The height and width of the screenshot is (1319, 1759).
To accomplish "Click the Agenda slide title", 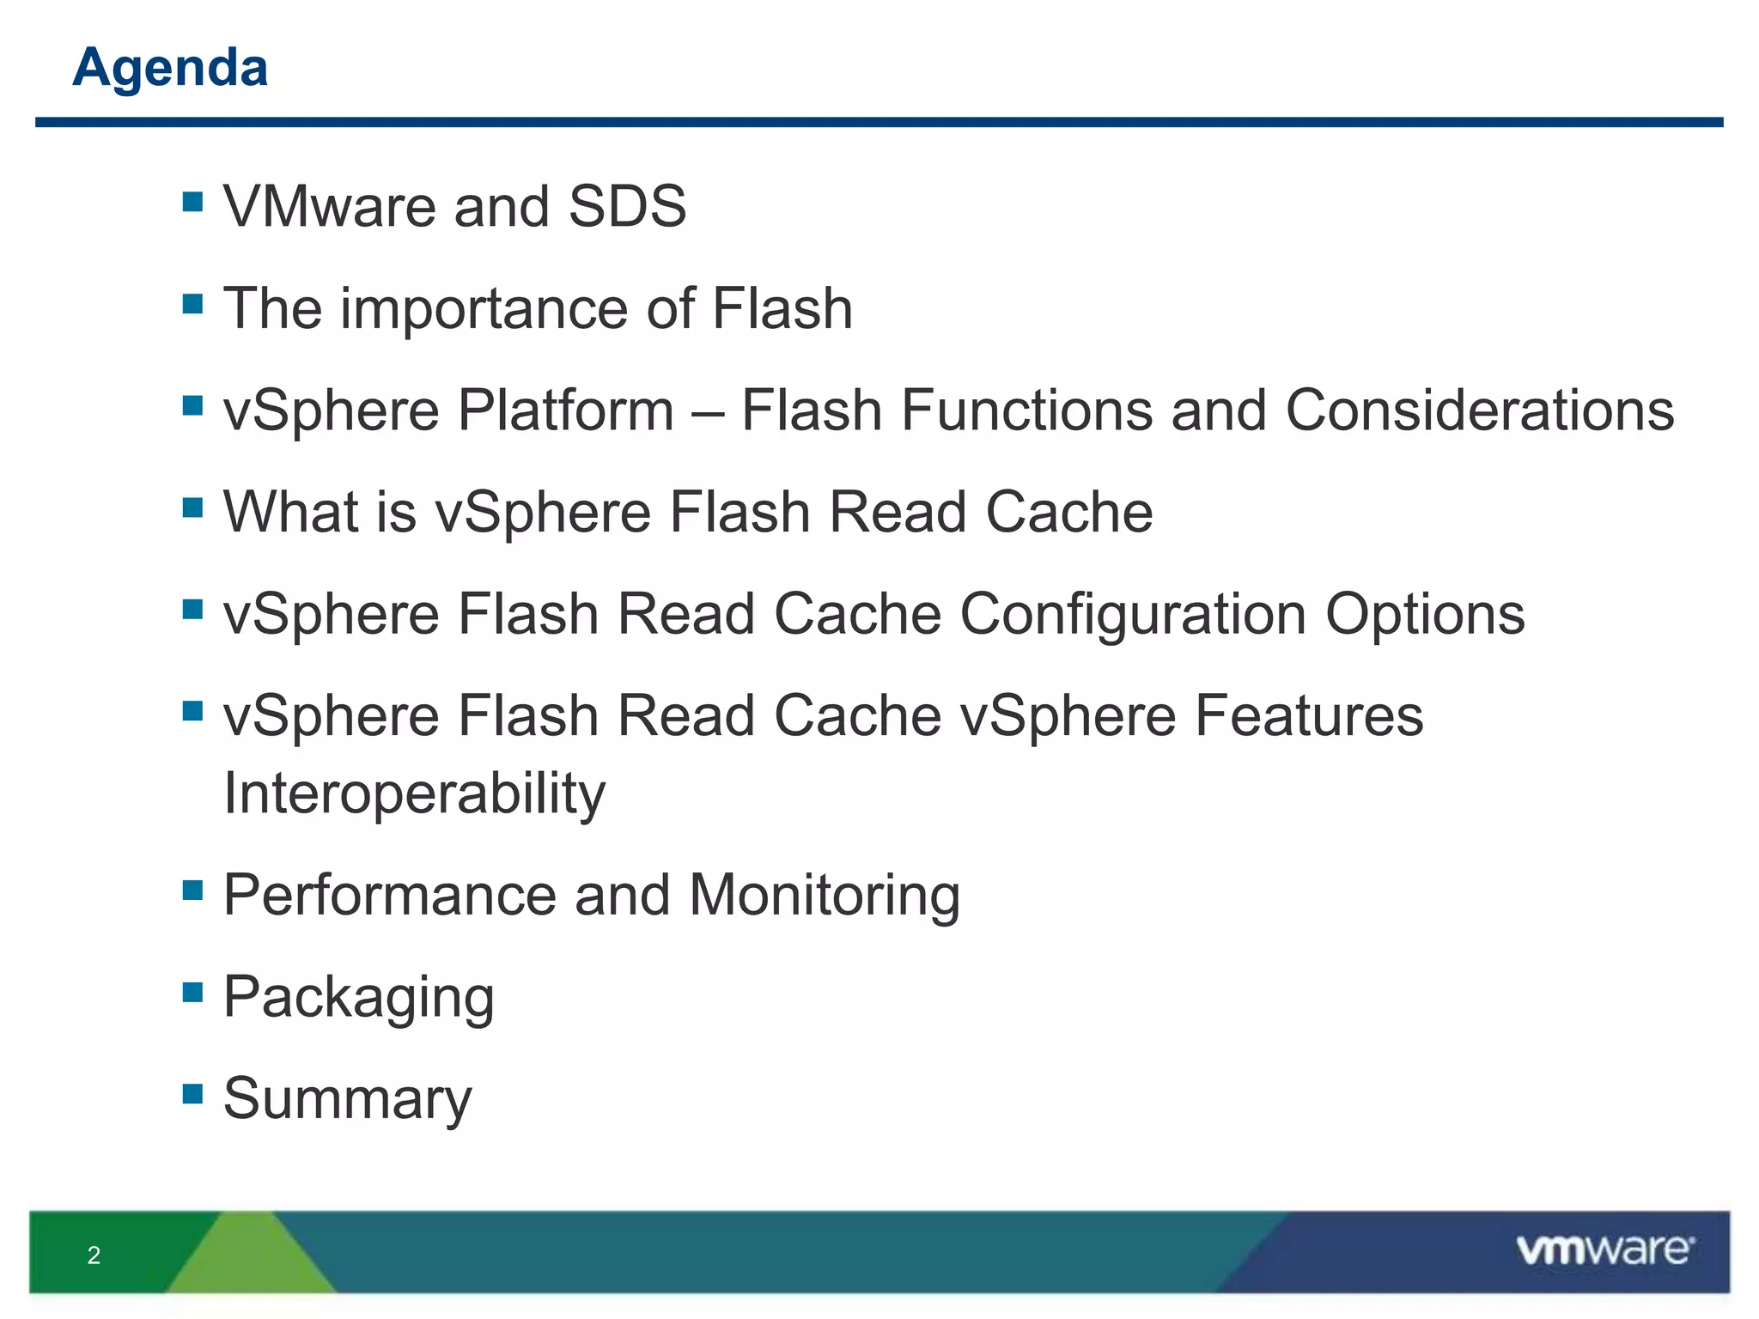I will (170, 67).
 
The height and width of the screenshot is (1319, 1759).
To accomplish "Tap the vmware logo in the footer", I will (1604, 1250).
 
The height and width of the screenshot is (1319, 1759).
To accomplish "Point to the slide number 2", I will (94, 1255).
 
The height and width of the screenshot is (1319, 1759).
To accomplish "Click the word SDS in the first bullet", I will (627, 207).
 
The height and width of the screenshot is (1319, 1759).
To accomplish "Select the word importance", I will (484, 308).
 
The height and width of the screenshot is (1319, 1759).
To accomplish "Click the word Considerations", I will (1479, 410).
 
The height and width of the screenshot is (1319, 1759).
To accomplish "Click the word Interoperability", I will (414, 793).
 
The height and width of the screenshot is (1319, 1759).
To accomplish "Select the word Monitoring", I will (825, 895).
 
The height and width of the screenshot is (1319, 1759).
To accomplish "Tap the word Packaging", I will (358, 998).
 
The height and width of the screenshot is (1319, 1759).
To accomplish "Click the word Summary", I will (347, 1098).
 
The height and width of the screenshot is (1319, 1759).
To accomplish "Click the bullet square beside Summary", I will (192, 1093).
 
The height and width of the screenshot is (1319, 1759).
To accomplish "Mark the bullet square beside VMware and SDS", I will (192, 202).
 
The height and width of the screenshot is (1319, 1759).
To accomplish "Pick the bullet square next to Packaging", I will (192, 992).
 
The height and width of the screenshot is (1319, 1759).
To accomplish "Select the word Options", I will (1425, 614).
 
